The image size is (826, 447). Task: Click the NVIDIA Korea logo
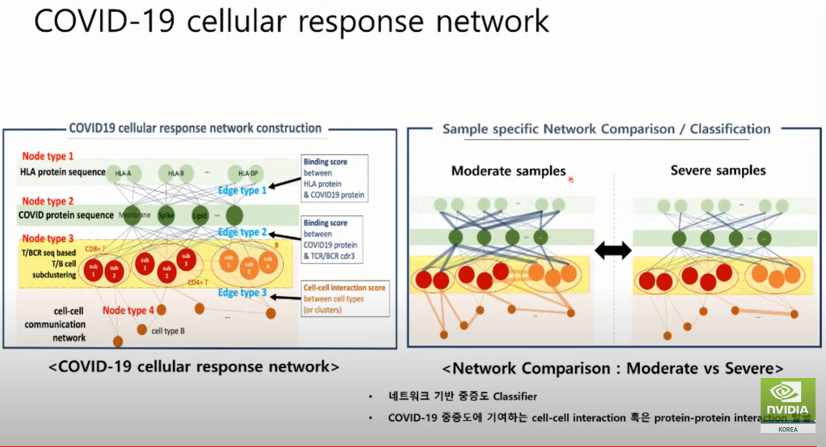pos(787,404)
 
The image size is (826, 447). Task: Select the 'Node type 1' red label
pos(48,156)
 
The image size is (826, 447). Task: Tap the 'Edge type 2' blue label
pos(242,232)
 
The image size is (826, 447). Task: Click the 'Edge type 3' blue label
pos(242,293)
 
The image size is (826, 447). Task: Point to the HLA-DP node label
pos(248,173)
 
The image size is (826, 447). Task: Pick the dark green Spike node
pos(166,215)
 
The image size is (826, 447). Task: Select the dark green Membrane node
pos(132,215)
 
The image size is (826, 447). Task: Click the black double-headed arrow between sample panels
pos(613,250)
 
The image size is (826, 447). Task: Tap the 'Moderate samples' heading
pos(508,171)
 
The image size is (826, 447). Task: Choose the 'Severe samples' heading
pos(718,170)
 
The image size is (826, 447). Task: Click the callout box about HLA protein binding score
pos(334,178)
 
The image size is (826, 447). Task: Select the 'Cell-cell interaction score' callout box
pos(345,299)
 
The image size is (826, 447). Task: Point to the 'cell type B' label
pos(168,331)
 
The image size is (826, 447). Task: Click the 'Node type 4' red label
pos(128,310)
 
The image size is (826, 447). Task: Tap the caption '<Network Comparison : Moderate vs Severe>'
pos(612,368)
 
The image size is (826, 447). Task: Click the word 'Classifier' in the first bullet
pos(515,397)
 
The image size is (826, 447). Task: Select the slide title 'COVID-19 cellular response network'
pos(291,22)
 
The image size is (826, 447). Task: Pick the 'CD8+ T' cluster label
pos(95,249)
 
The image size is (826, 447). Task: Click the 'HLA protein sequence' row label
pos(62,172)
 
